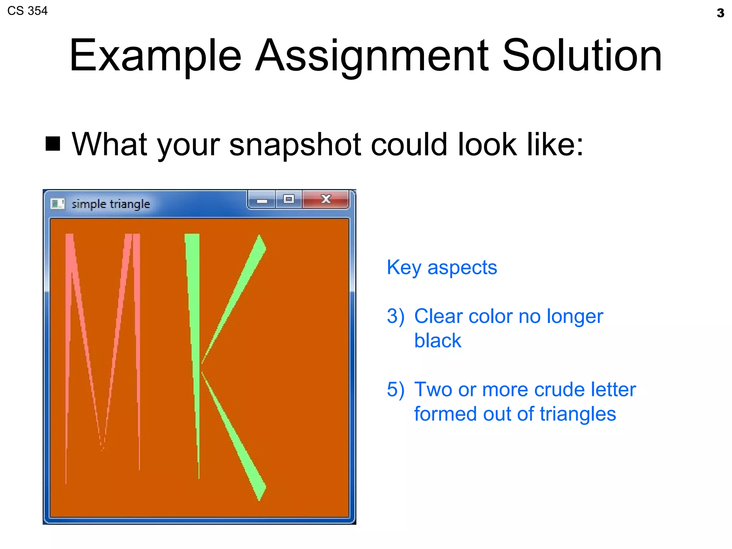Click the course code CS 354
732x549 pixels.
tap(27, 11)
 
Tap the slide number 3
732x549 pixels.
tap(720, 13)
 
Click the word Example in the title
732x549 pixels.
tap(155, 56)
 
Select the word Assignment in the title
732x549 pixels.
tap(372, 56)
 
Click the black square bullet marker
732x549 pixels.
tap(53, 144)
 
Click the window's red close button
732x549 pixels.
tap(325, 199)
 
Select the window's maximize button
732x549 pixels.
tap(288, 199)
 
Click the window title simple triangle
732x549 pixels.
tap(111, 204)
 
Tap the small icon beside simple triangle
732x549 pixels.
tap(57, 204)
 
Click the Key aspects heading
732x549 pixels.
tap(442, 267)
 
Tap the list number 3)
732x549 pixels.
tap(395, 316)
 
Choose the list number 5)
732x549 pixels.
tap(395, 390)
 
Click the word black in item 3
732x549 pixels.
tap(437, 341)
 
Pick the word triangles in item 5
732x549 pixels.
tap(578, 414)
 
